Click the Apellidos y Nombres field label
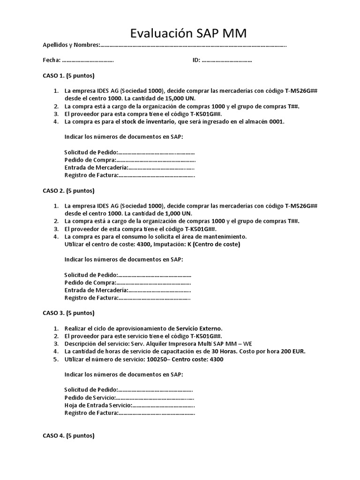coord(71,45)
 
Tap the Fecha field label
coord(52,60)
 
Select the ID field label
coord(196,60)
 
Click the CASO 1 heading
coord(68,75)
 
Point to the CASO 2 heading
coord(68,191)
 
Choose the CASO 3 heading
coord(68,313)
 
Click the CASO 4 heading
coord(68,435)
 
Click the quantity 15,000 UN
coord(178,98)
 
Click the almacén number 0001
coord(277,121)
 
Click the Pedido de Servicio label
coord(90,397)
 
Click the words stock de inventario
coord(149,121)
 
